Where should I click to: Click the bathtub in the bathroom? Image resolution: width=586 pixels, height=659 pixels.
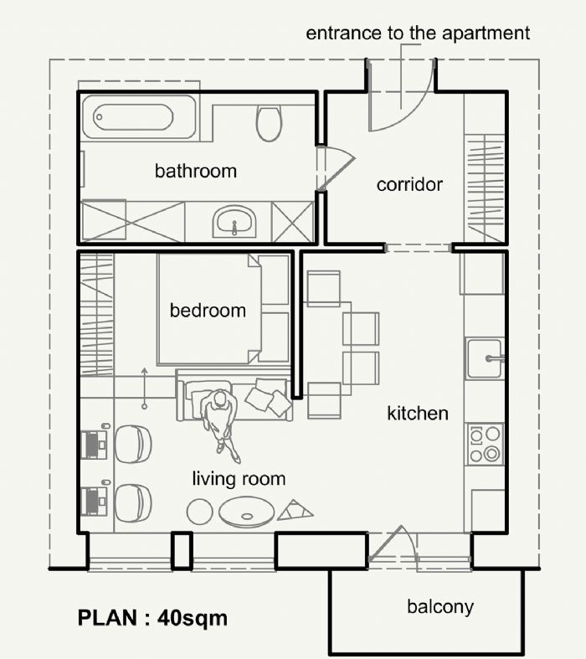(x=139, y=117)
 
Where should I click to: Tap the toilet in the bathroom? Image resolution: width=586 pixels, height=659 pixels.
(x=269, y=123)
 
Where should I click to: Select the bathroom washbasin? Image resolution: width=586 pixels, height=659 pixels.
(x=234, y=222)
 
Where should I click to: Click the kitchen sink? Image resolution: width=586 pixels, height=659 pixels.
(x=485, y=358)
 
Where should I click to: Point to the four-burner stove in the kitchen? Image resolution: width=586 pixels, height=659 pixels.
(x=485, y=444)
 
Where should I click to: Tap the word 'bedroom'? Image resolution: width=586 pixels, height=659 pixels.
(x=208, y=311)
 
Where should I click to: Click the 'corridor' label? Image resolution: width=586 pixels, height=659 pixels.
(x=409, y=184)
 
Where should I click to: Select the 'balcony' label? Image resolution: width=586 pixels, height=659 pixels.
(x=440, y=607)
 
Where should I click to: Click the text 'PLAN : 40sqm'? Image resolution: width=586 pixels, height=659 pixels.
(x=152, y=618)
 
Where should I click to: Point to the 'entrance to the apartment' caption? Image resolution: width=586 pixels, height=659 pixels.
(x=418, y=33)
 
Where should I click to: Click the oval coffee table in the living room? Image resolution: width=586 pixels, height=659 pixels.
(x=247, y=512)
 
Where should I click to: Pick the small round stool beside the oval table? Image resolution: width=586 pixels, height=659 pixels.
(x=200, y=512)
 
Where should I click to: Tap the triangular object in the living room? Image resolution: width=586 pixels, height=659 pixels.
(x=295, y=510)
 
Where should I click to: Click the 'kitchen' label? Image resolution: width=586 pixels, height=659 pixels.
(x=418, y=414)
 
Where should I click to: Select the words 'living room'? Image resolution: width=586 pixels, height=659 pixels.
(x=239, y=479)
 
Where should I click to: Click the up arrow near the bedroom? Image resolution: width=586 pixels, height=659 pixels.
(x=144, y=388)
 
